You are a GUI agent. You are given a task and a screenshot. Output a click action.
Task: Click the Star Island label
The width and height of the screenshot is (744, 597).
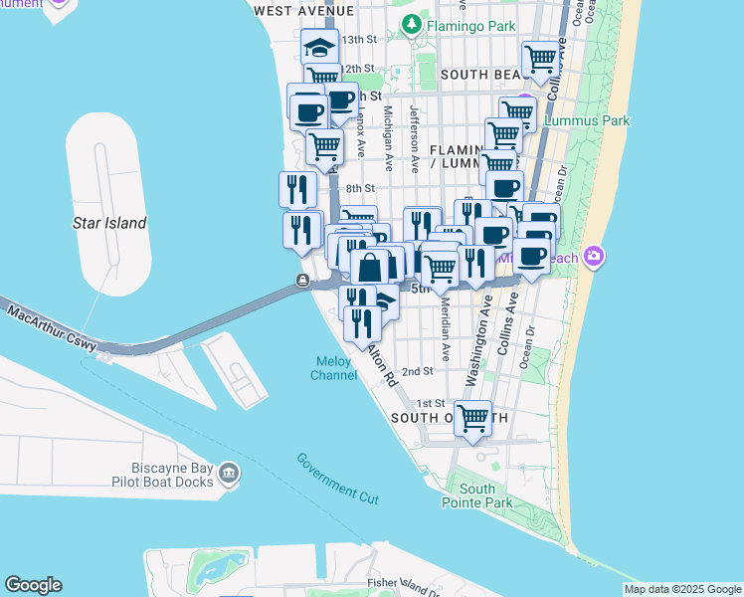coord(109,224)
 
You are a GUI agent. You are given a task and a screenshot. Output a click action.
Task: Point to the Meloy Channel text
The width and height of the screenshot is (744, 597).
coord(333,368)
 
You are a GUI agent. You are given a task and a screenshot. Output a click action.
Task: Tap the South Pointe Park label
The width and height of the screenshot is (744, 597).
coord(484,496)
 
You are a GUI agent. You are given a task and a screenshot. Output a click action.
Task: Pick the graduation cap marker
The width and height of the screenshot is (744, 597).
coord(320,47)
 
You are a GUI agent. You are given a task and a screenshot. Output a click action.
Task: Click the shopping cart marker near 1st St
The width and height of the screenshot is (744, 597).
coord(471,418)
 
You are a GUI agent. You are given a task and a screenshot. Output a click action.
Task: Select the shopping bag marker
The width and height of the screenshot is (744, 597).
coord(370,267)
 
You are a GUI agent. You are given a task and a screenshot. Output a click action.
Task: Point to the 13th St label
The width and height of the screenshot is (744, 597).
coord(360,40)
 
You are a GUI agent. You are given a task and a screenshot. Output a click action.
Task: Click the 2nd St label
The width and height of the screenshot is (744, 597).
coord(418,371)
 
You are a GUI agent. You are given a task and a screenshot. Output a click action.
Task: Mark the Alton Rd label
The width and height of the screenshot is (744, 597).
coord(382,364)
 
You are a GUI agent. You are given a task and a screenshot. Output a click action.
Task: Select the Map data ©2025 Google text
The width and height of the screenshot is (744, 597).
coord(681,589)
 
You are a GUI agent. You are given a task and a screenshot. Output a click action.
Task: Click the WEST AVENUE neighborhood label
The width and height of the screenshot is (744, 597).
coord(304,10)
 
